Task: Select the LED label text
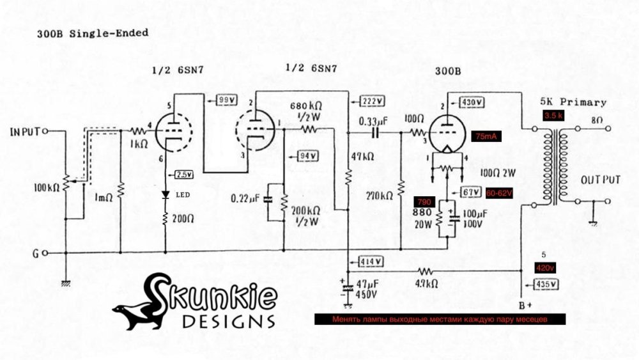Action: (x=183, y=195)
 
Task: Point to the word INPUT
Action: (x=25, y=132)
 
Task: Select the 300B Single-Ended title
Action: (x=94, y=33)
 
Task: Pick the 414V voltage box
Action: (x=371, y=262)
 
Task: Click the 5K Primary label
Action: (x=573, y=102)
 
